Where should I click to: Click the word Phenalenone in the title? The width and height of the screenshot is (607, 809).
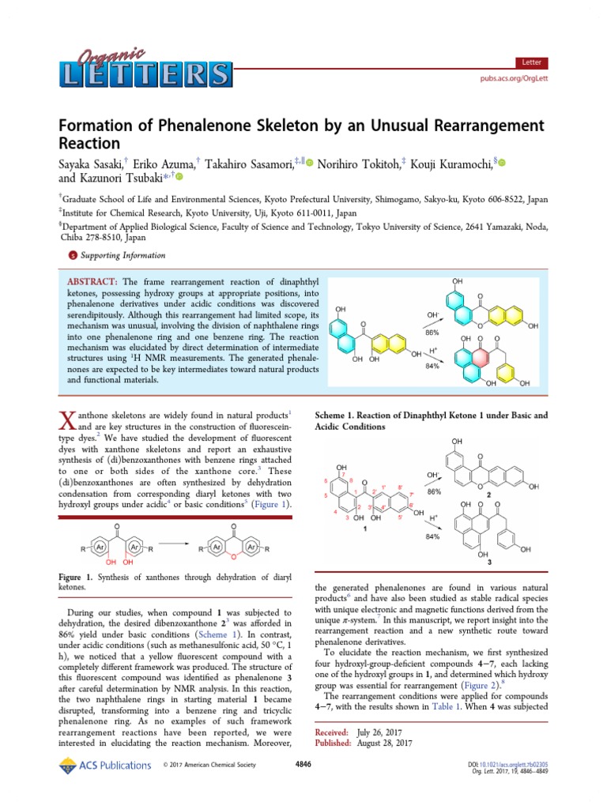click(181, 126)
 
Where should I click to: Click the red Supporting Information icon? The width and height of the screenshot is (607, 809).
click(66, 255)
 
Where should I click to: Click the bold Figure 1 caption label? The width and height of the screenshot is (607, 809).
click(77, 578)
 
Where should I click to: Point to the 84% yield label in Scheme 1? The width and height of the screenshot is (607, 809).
click(432, 536)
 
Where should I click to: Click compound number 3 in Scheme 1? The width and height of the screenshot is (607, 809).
click(489, 563)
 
